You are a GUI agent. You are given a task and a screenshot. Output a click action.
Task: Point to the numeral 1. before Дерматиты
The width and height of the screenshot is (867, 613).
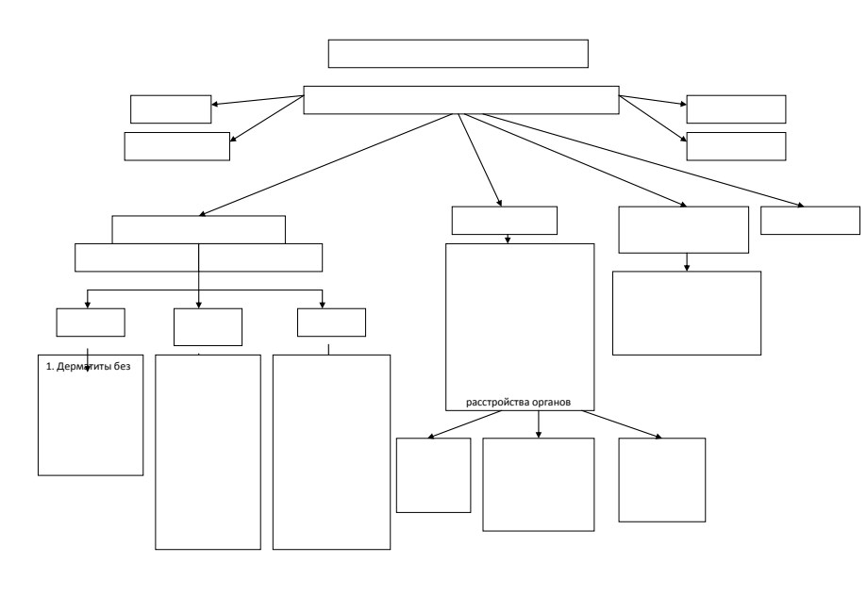point(50,367)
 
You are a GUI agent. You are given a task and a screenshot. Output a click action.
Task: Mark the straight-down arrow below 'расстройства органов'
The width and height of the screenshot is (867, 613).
point(539,424)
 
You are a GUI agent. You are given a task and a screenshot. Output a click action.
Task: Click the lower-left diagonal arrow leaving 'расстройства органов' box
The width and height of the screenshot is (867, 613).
point(464,424)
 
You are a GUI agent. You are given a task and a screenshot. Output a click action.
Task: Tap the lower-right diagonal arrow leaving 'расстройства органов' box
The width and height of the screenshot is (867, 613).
point(622,424)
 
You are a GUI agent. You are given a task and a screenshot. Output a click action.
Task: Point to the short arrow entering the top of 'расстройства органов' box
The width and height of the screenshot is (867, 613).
point(508,239)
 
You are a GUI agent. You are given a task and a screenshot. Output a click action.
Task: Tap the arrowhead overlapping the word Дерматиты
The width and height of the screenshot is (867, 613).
point(88,369)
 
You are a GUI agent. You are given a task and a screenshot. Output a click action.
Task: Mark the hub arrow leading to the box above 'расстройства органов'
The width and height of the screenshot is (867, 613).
point(480,159)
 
